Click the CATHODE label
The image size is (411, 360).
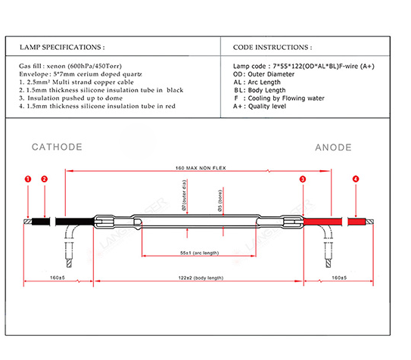coord(57,147)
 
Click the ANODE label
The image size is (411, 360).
coord(333,147)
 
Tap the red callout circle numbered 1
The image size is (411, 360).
coord(28,179)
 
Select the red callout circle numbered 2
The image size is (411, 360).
coord(45,179)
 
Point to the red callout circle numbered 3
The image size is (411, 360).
coord(303,179)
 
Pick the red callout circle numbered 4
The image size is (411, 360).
coord(356,179)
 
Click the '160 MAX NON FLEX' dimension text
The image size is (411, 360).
coord(201,168)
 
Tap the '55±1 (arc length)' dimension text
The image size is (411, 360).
coord(200,253)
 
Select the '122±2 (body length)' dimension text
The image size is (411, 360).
coord(201,278)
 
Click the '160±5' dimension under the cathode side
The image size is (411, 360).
coord(58,278)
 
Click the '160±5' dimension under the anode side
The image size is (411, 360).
coord(339,278)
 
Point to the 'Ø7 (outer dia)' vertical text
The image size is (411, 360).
coord(184,195)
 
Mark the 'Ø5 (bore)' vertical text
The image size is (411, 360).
coord(220,200)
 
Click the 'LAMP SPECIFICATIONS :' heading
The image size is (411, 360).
coord(62,47)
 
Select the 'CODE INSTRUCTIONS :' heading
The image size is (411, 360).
coord(272,48)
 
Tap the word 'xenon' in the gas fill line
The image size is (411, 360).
coord(56,66)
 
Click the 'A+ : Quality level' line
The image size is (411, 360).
coord(260,107)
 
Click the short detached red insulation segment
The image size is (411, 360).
coord(357,222)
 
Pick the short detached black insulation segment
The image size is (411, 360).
coord(41,222)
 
